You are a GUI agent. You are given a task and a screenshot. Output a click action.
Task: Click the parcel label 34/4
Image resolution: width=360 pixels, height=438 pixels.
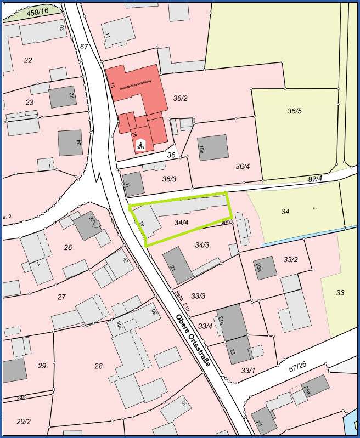(x=182, y=223)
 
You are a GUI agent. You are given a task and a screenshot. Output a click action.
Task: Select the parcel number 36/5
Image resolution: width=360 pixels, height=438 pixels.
(x=295, y=111)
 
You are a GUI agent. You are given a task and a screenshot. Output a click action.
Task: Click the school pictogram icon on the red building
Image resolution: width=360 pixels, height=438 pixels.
(x=140, y=145)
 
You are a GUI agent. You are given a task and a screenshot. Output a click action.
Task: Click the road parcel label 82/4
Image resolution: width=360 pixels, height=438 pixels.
(x=315, y=178)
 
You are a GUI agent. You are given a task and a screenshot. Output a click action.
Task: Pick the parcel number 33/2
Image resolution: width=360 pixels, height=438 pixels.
(x=290, y=259)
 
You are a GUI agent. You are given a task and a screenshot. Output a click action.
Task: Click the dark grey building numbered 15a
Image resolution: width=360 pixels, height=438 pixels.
(x=212, y=147)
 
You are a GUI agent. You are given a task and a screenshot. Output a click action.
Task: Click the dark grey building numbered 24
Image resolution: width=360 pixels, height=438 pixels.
(x=70, y=143)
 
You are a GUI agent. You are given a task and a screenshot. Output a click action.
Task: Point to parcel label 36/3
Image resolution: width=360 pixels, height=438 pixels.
(x=169, y=179)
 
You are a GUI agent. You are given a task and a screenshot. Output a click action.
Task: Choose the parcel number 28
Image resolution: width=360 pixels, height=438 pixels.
(x=98, y=366)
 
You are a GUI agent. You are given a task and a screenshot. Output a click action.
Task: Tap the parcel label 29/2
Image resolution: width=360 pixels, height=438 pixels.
(x=24, y=422)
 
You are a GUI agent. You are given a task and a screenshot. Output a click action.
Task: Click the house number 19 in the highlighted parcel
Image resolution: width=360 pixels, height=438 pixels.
(x=142, y=224)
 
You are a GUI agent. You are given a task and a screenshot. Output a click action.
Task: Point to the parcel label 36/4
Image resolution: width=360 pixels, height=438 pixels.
(x=243, y=166)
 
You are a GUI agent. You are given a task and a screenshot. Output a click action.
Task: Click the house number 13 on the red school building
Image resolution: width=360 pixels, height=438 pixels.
(x=112, y=86)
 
